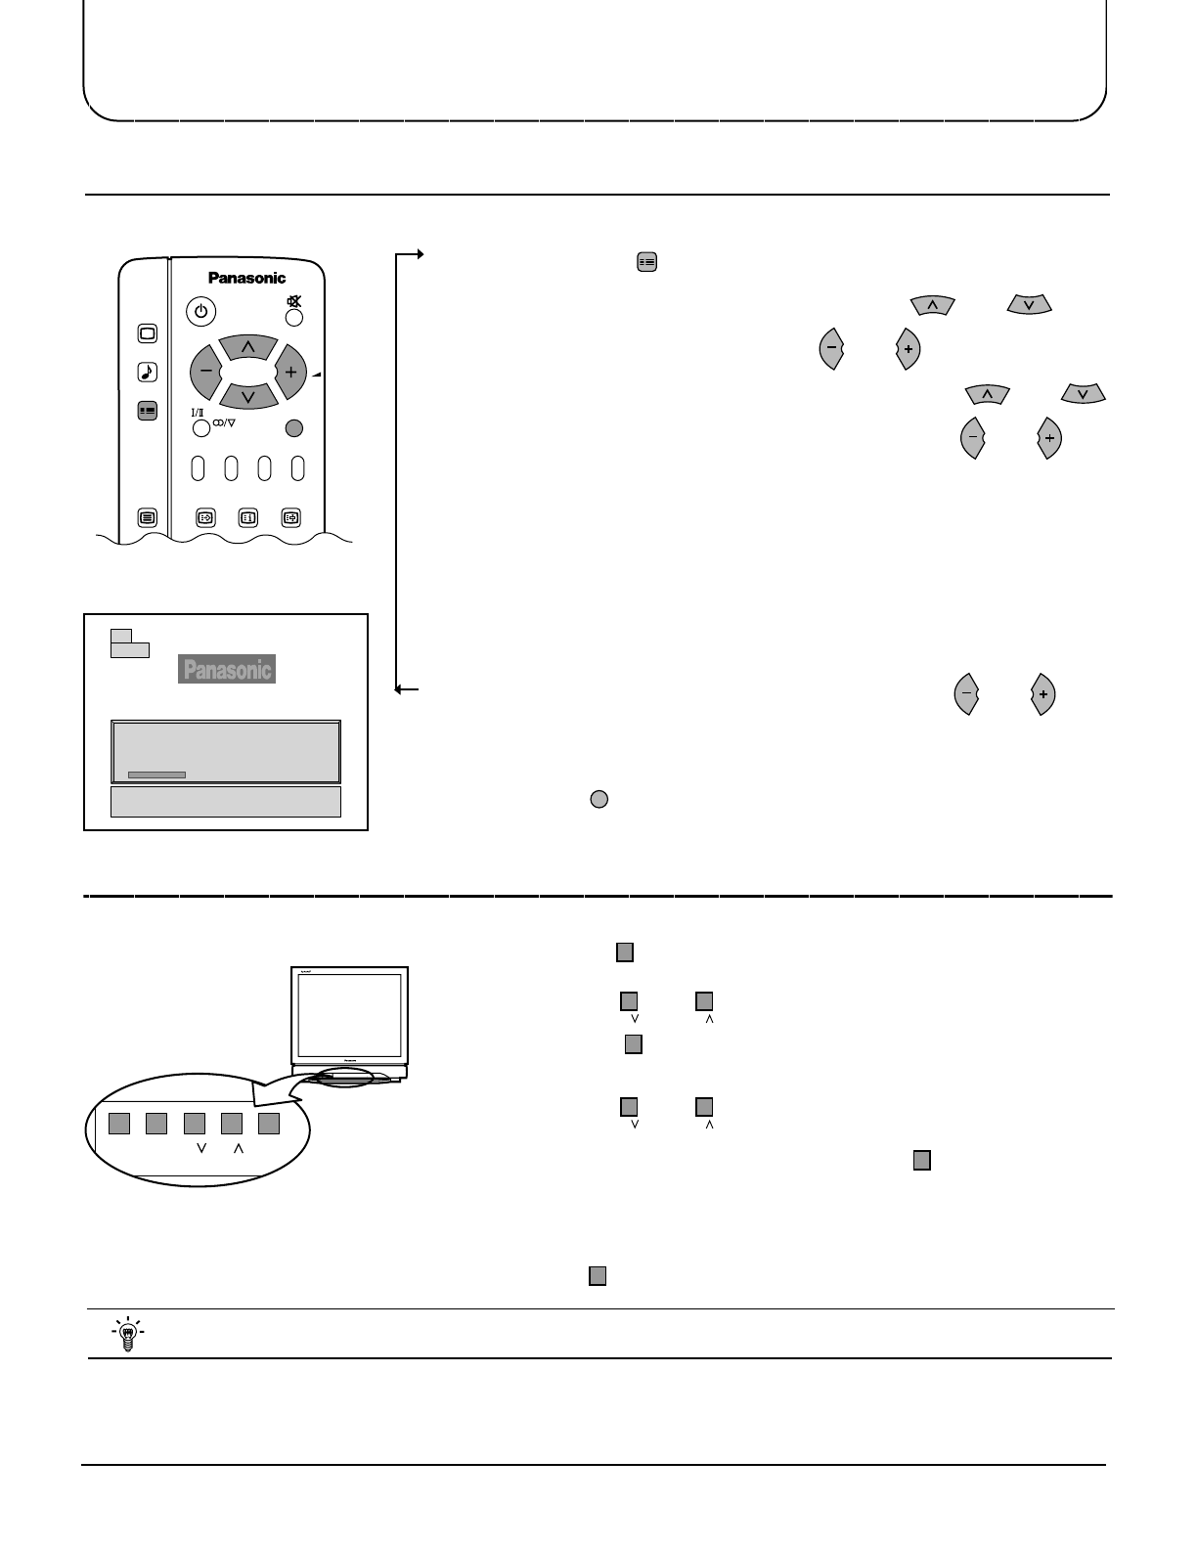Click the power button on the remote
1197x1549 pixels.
point(200,312)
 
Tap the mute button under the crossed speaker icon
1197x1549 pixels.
point(293,318)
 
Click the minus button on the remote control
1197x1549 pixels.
point(206,372)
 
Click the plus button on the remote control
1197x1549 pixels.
point(290,372)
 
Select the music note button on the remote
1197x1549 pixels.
point(147,372)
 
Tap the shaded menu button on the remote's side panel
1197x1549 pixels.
point(147,412)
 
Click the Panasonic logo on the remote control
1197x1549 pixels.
point(246,278)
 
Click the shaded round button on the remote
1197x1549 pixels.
point(293,427)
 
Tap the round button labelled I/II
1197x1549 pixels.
point(200,428)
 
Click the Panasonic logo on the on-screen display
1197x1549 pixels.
point(226,669)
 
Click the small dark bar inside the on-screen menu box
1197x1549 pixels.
point(156,774)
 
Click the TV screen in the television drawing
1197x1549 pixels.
point(349,1017)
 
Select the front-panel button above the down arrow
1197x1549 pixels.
point(194,1123)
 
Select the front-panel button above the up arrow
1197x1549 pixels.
point(231,1123)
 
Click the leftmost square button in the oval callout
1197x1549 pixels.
point(118,1123)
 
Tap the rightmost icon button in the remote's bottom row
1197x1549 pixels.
point(290,518)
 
